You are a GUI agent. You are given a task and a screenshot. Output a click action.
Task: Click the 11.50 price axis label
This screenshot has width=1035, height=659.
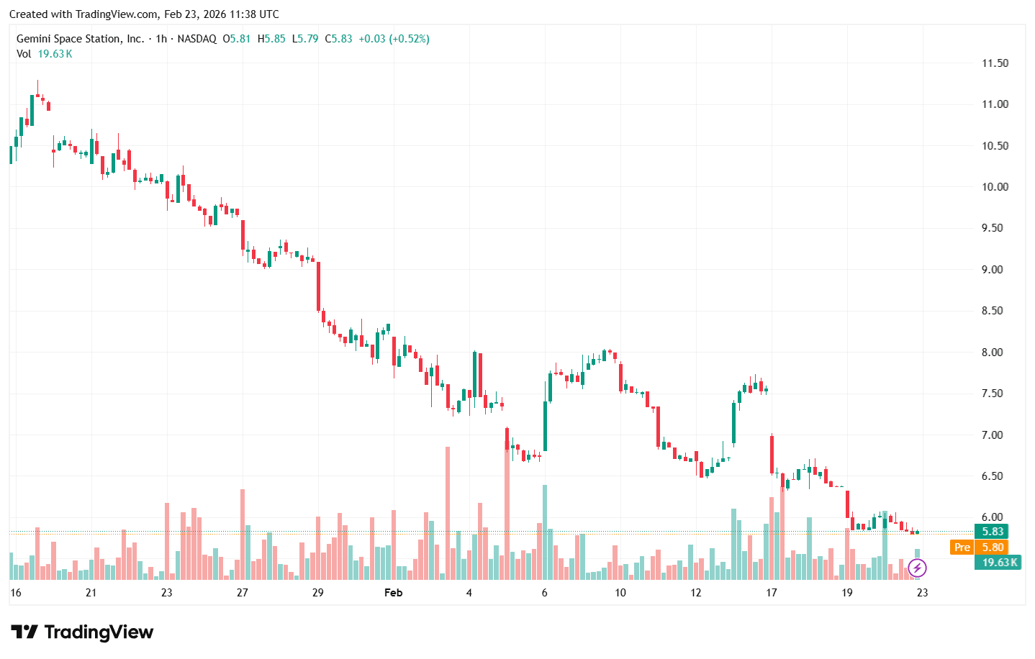pyautogui.click(x=995, y=63)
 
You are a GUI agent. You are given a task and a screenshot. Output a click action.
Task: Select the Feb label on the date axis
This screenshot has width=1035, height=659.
pyautogui.click(x=393, y=593)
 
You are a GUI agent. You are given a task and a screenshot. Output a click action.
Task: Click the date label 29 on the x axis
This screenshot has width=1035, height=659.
pyautogui.click(x=317, y=593)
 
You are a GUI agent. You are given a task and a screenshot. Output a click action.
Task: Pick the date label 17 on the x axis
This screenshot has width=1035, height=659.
pyautogui.click(x=771, y=593)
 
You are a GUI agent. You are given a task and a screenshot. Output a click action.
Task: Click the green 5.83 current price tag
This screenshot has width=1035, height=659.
pyautogui.click(x=992, y=532)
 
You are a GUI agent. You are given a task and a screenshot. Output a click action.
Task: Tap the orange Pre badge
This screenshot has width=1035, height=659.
pyautogui.click(x=962, y=547)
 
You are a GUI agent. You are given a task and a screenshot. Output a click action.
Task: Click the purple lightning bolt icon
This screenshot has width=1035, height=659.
pyautogui.click(x=916, y=568)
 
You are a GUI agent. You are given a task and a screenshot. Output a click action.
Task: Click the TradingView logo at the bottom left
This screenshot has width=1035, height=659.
pyautogui.click(x=82, y=632)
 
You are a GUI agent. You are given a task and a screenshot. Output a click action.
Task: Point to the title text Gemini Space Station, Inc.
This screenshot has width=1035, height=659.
pyautogui.click(x=80, y=39)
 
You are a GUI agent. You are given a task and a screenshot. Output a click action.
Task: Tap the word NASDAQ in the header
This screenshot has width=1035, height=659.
pyautogui.click(x=196, y=39)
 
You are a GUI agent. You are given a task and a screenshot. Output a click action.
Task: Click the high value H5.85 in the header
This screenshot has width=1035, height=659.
pyautogui.click(x=271, y=39)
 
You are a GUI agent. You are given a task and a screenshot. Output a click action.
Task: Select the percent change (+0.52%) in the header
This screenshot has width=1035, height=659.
pyautogui.click(x=409, y=39)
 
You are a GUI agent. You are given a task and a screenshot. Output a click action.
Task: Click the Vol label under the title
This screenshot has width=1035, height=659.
pyautogui.click(x=24, y=54)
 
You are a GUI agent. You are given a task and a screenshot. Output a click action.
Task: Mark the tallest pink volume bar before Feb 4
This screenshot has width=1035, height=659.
pyautogui.click(x=448, y=512)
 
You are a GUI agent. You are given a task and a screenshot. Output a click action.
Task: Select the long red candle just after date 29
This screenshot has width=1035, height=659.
pyautogui.click(x=318, y=286)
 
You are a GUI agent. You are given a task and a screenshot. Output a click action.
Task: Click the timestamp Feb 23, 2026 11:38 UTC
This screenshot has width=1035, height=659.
pyautogui.click(x=221, y=14)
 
